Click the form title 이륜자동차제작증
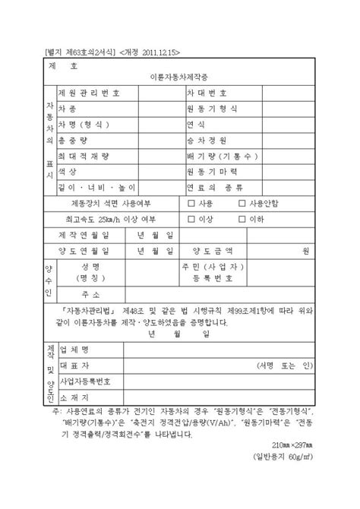(181, 78)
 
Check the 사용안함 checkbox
(242, 204)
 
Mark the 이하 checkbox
(242, 220)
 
